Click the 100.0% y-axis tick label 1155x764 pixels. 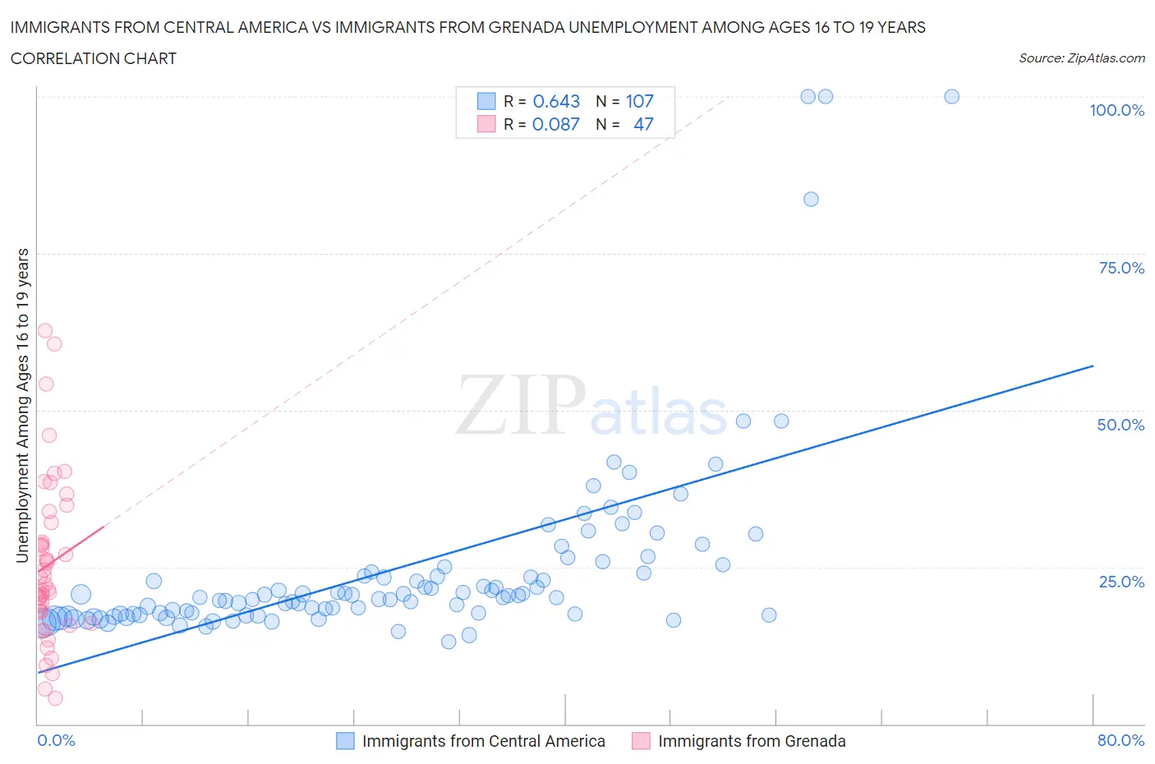pyautogui.click(x=1116, y=110)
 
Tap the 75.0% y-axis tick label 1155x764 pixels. pyautogui.click(x=1120, y=268)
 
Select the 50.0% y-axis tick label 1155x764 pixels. pyautogui.click(x=1120, y=425)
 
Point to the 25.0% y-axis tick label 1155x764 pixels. pyautogui.click(x=1120, y=582)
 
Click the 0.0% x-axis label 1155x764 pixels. pyautogui.click(x=56, y=740)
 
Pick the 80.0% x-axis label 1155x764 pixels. pyautogui.click(x=1120, y=740)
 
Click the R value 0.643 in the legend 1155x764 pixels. pyautogui.click(x=556, y=101)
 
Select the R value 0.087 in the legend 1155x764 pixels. pyautogui.click(x=555, y=124)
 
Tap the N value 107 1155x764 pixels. pyautogui.click(x=639, y=101)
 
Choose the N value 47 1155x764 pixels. pyautogui.click(x=643, y=124)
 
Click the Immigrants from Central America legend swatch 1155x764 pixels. pyautogui.click(x=345, y=741)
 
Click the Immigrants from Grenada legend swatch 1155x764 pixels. pyautogui.click(x=641, y=741)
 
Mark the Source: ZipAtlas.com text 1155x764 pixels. pyautogui.click(x=1081, y=58)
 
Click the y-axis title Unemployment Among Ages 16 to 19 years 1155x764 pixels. pyautogui.click(x=23, y=405)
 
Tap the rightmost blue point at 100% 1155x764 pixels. pyautogui.click(x=951, y=96)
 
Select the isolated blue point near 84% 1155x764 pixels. pyautogui.click(x=811, y=199)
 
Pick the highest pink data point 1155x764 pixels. pyautogui.click(x=45, y=330)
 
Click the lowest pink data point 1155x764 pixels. pyautogui.click(x=55, y=698)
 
